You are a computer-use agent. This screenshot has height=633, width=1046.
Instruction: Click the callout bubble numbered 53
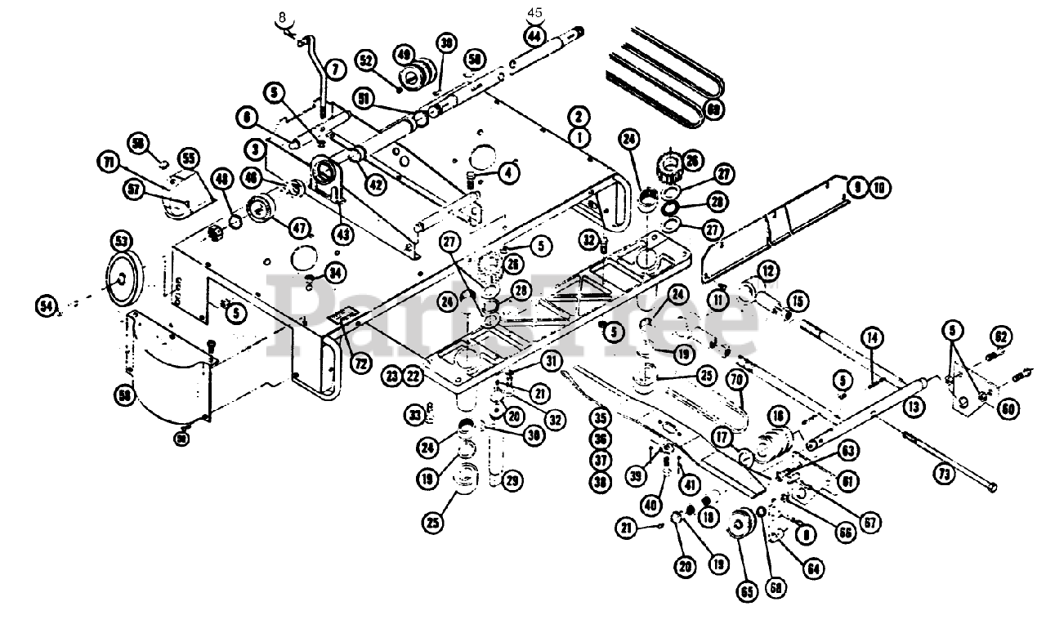tap(121, 241)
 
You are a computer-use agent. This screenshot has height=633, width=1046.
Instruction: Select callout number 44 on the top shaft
tap(534, 36)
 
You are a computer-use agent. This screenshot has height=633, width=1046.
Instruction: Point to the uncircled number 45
tap(534, 12)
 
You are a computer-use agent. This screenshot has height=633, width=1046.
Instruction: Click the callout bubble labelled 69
tap(715, 109)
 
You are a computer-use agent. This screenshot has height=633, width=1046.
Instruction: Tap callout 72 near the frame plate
tap(360, 363)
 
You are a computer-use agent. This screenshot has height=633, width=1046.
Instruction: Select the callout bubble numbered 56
tap(125, 396)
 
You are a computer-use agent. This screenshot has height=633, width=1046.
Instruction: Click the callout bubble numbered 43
tap(343, 234)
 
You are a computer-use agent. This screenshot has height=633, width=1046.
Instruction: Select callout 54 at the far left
tap(47, 305)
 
